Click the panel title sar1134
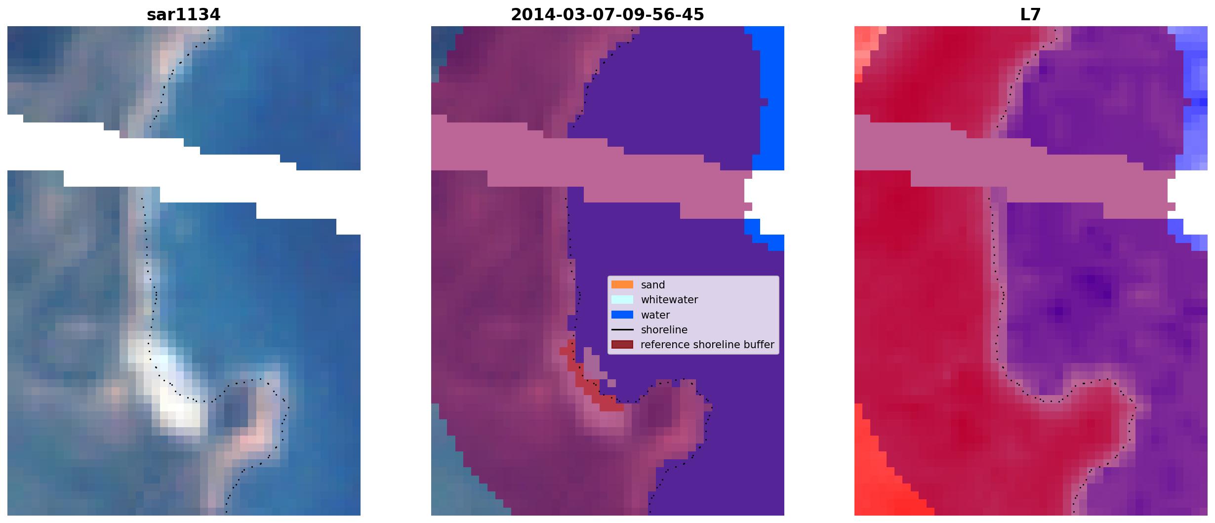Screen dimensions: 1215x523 [x=183, y=15]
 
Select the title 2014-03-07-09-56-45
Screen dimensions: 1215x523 [x=607, y=15]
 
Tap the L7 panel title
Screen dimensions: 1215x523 [x=1030, y=15]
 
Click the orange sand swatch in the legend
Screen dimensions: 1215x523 [x=622, y=284]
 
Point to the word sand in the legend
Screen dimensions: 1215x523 [x=652, y=285]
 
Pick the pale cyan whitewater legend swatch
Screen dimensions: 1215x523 [x=622, y=299]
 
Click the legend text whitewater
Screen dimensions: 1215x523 [x=669, y=300]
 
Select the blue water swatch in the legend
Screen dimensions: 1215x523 [x=622, y=315]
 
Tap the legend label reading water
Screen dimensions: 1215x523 [x=655, y=315]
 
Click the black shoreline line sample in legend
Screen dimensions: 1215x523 [x=622, y=329]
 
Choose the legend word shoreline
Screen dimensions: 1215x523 [x=664, y=330]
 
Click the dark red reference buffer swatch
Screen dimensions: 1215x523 [x=622, y=344]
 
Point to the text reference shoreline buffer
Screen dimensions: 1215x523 [x=707, y=345]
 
